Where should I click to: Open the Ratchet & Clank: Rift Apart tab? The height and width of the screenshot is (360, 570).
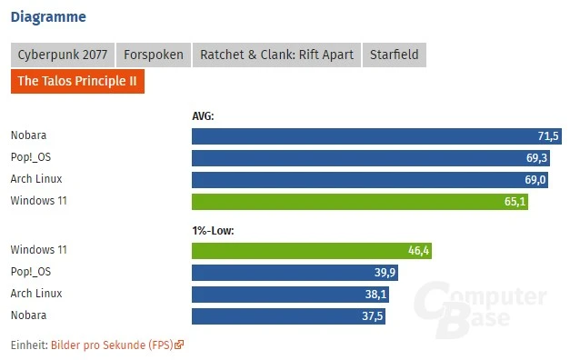(x=277, y=55)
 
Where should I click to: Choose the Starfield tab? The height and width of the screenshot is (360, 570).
(x=394, y=55)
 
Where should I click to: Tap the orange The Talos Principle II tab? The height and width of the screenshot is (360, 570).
(x=77, y=81)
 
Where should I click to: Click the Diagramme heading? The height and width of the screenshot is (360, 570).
(x=49, y=16)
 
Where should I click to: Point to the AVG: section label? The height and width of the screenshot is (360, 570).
(x=203, y=115)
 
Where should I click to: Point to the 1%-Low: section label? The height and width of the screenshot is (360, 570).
(x=213, y=230)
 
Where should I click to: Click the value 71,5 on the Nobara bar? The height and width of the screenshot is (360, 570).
(x=548, y=136)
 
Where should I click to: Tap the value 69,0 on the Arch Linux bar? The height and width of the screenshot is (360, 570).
(x=535, y=180)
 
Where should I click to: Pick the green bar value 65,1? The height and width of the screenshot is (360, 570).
(x=515, y=202)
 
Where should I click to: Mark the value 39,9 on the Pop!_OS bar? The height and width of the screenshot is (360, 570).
(x=385, y=273)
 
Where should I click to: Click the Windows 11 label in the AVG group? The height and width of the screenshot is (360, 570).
(x=38, y=201)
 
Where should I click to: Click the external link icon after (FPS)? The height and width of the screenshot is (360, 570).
(x=179, y=345)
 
